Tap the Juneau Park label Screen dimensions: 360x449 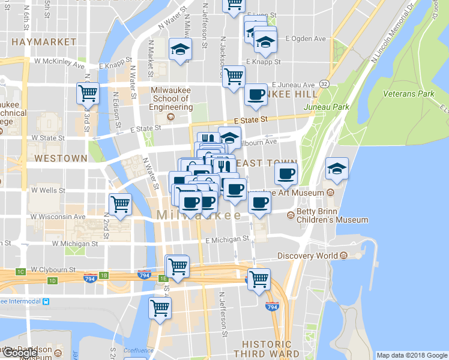pyautogui.click(x=326, y=107)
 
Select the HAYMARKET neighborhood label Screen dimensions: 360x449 pyautogui.click(x=44, y=42)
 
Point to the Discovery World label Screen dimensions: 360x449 pyautogui.click(x=307, y=256)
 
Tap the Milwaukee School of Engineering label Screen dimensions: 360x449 pyautogui.click(x=172, y=98)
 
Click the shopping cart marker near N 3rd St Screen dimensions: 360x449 pyautogui.click(x=88, y=93)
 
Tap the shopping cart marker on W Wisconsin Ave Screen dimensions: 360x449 pyautogui.click(x=120, y=204)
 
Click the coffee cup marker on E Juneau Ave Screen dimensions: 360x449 pyautogui.click(x=256, y=94)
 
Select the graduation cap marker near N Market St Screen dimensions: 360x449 pyautogui.click(x=179, y=50)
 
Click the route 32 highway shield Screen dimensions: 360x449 pyautogui.click(x=325, y=83)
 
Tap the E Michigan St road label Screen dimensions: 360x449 pyautogui.click(x=227, y=239)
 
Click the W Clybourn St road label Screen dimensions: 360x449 pyautogui.click(x=53, y=270)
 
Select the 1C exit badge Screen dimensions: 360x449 pyautogui.click(x=21, y=272)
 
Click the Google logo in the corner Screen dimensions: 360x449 pyautogui.click(x=20, y=353)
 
